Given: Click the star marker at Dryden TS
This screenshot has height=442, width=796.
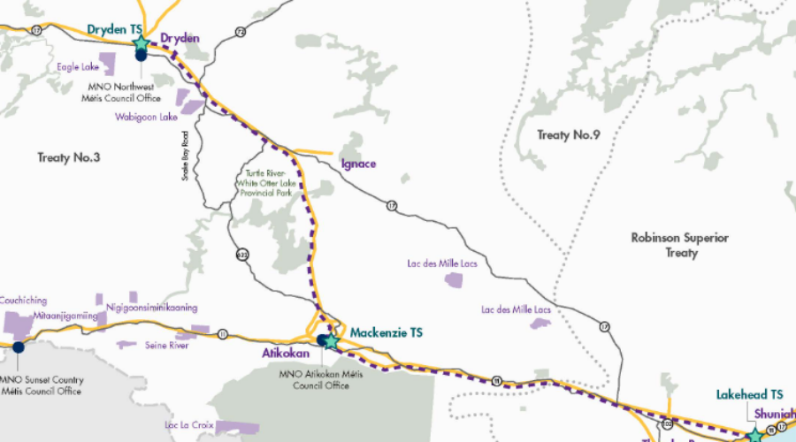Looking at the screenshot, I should (139, 42).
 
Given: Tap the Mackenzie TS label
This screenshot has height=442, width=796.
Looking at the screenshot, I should (387, 332).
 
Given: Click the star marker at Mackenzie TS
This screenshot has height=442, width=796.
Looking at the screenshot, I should (331, 340).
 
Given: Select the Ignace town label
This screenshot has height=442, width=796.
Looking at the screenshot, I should (358, 164).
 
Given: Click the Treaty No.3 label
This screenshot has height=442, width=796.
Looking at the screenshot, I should (69, 157).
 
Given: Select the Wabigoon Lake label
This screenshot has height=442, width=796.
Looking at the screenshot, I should (147, 117).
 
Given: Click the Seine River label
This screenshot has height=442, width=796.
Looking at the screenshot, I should (166, 345).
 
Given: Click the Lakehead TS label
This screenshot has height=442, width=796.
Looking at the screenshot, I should (751, 394).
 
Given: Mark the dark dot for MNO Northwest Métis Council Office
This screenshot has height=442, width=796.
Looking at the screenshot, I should (141, 56).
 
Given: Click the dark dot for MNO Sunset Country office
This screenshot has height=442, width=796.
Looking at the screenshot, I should (19, 347).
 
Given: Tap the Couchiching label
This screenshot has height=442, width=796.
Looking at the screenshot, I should (24, 301).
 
